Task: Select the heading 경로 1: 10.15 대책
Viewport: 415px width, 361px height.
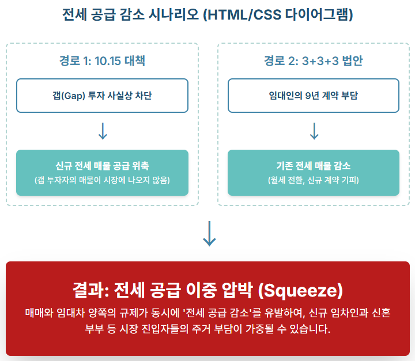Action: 103,61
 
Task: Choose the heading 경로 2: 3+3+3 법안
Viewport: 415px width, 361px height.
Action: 314,61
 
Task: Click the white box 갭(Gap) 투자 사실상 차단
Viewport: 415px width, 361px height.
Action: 103,96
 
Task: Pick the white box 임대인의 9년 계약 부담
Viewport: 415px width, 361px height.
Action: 314,96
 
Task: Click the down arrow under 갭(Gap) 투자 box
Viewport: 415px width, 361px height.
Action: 103,131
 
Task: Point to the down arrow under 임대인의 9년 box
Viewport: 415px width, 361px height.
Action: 314,131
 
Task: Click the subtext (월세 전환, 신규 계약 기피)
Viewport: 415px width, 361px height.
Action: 314,181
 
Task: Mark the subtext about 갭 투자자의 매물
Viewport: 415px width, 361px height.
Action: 103,181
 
